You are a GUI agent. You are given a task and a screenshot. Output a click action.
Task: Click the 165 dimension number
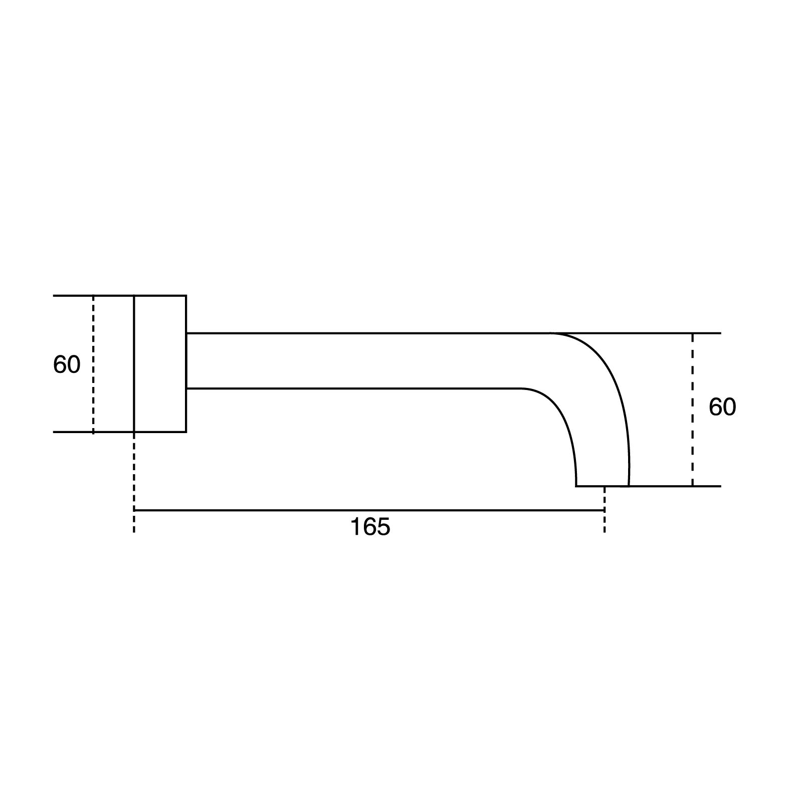tap(370, 527)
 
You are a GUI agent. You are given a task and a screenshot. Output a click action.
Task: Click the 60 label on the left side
tap(67, 365)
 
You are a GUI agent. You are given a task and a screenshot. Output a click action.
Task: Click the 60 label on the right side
tap(722, 408)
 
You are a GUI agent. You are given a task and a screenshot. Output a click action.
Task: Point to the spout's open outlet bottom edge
tap(602, 486)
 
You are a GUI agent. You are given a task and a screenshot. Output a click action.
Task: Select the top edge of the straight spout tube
tap(366, 333)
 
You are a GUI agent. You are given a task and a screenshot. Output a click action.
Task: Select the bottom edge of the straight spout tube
tap(351, 388)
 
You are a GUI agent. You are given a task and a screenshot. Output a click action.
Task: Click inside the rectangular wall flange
tap(160, 363)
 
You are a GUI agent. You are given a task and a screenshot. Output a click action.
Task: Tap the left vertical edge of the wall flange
tap(134, 363)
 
